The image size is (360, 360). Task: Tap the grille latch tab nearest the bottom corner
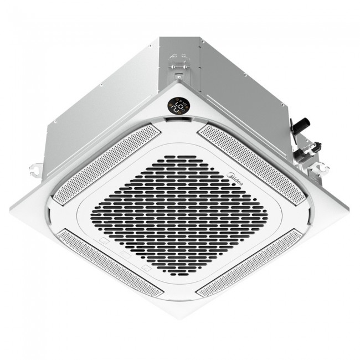tap(146, 268)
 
